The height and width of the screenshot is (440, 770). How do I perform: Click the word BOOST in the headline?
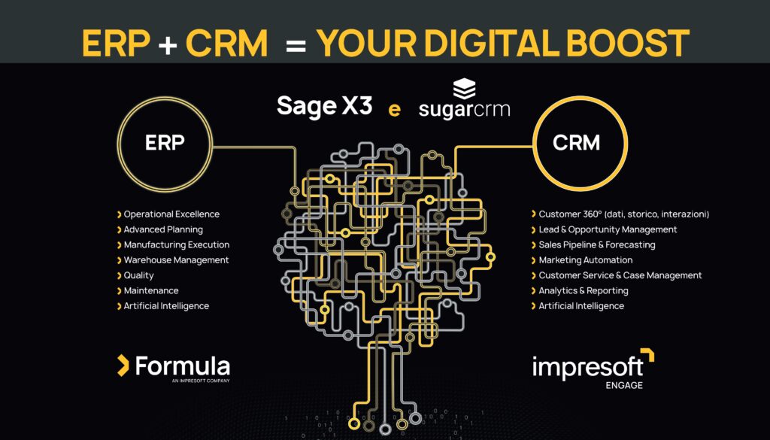628,43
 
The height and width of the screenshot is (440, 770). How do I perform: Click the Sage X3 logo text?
325,106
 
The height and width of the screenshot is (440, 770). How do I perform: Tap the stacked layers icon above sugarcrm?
464,89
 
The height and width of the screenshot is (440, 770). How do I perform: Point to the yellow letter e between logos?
394,110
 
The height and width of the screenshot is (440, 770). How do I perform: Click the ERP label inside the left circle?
165,142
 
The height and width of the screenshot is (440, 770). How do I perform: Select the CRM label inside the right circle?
577,143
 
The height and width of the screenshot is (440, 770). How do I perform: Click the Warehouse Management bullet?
173,259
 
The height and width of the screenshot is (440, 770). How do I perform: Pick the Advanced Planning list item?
159,229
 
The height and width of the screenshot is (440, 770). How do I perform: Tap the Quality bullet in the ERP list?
135,275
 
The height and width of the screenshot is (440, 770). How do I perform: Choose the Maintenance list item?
148,290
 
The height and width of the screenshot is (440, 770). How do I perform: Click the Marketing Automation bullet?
582,259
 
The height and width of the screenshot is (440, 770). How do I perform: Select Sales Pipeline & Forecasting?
593,244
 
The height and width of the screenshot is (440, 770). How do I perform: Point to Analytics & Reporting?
580,290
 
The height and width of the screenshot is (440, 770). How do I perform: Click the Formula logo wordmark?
182,366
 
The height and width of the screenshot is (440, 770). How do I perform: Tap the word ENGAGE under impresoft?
623,386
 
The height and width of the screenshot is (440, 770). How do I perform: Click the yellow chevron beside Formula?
123,366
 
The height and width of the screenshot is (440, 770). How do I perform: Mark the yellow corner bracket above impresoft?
649,353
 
